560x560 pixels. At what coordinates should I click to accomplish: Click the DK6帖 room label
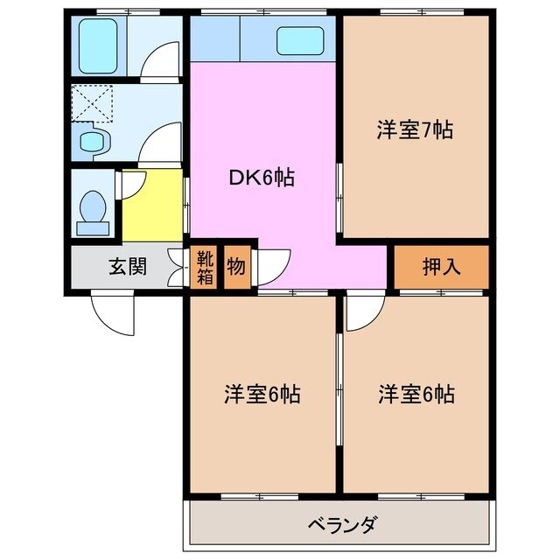pos(261,178)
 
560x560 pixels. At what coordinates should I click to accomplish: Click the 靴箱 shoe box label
pos(203,267)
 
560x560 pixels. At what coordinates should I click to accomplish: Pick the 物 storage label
pos(236,267)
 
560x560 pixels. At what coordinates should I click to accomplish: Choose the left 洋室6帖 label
pos(262,395)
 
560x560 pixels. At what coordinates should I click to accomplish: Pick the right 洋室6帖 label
pos(416,395)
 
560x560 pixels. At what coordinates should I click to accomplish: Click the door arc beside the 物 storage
pos(274,263)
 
